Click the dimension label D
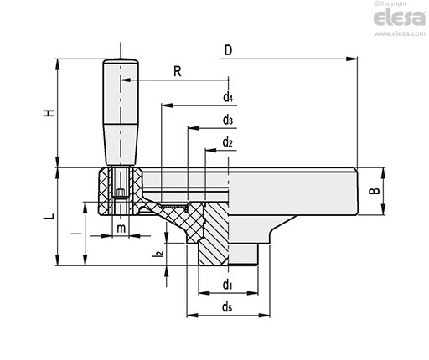coord(228,50)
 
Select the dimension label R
coord(178,71)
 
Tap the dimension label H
coord(49,113)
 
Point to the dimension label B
coord(375,191)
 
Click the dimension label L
coord(49,216)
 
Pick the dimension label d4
coord(228,97)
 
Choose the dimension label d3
coord(228,120)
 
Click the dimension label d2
coord(228,142)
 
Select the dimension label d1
coord(228,285)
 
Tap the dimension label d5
coord(227,306)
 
